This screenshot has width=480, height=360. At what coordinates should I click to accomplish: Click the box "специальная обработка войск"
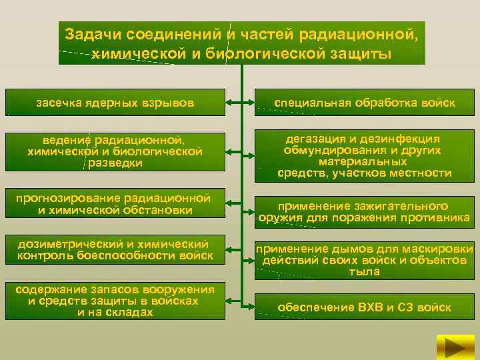tap(366, 103)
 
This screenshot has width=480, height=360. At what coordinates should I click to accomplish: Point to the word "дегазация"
tap(315, 139)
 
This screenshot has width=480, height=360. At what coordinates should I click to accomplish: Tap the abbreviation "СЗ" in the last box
tap(406, 307)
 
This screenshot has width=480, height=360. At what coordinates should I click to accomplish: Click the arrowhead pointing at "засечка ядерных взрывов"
tap(227, 103)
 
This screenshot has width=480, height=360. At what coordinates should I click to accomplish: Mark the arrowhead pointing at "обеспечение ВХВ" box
tap(253, 307)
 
